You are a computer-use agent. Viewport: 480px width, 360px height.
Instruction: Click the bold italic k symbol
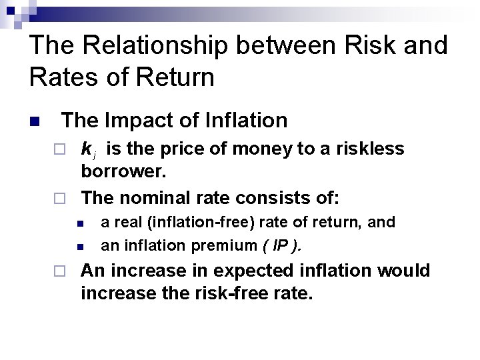point(87,149)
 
